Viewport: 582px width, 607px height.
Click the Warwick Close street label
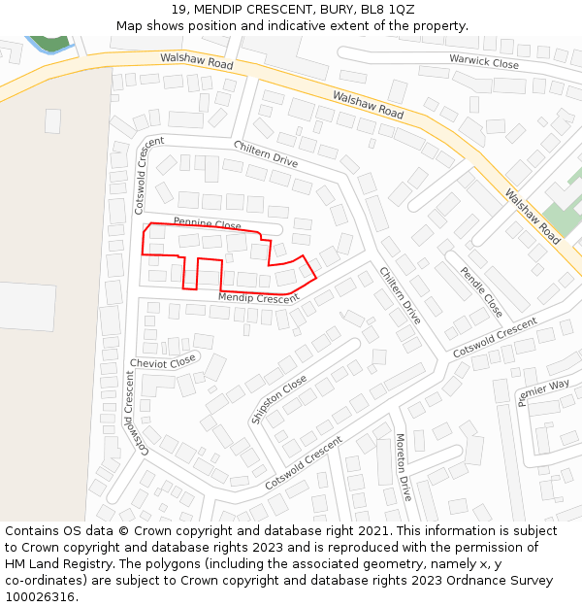484,61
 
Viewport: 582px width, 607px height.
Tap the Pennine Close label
207,223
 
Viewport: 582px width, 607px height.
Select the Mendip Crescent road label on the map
258,298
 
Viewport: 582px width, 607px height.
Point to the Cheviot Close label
162,362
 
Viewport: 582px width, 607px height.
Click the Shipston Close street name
279,399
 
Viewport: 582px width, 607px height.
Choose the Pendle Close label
481,291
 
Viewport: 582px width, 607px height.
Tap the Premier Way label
543,392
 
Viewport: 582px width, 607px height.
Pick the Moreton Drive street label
404,467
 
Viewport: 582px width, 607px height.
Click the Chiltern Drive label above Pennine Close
265,153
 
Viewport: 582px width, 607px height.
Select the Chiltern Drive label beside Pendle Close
400,295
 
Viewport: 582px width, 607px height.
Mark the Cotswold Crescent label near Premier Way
495,335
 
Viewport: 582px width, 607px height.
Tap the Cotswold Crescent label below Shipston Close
304,462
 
